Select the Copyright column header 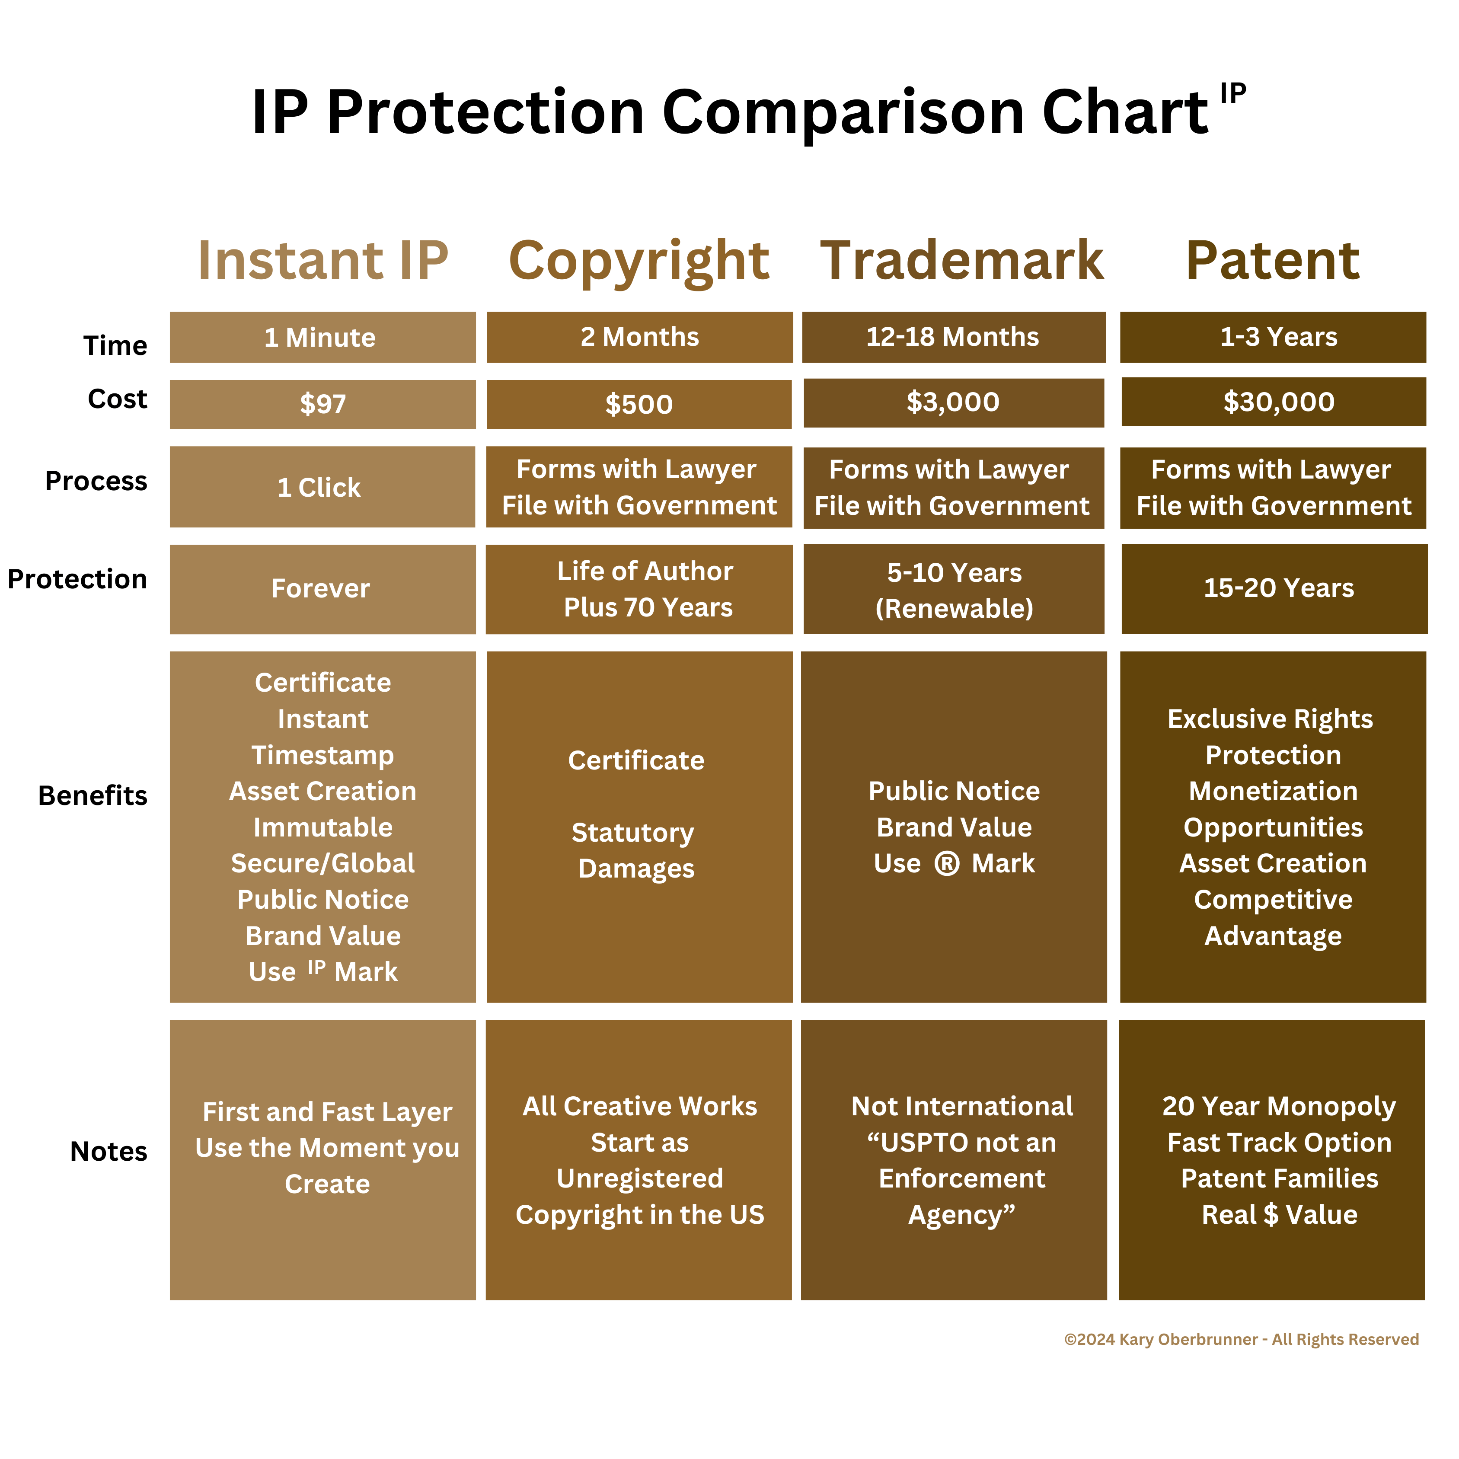tap(639, 261)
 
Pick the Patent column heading tap(1273, 261)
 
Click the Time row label tap(115, 345)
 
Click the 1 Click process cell tap(319, 487)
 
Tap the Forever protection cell tap(321, 588)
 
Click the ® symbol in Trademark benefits tap(947, 863)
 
